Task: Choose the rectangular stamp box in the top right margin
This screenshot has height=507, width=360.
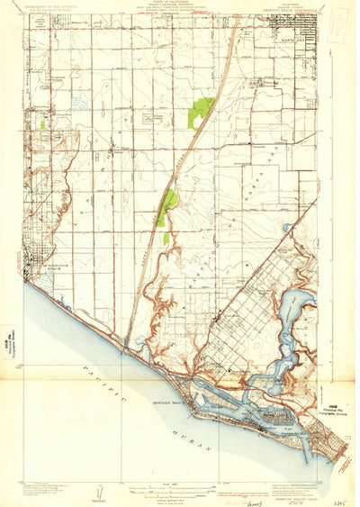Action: click(x=337, y=22)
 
